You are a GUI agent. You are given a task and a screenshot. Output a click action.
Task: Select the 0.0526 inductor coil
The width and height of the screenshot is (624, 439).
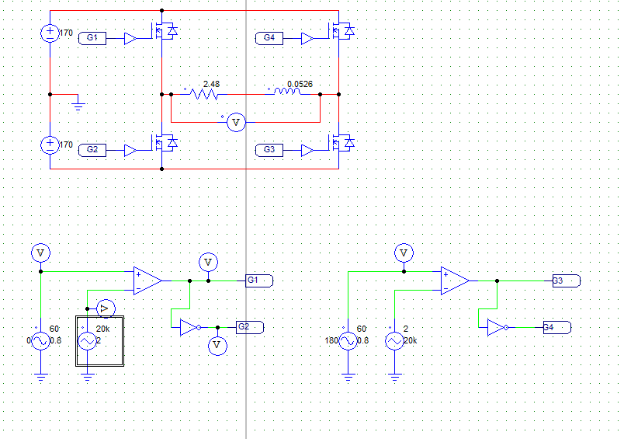286,94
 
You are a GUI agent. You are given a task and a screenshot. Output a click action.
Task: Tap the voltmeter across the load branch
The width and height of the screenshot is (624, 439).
237,123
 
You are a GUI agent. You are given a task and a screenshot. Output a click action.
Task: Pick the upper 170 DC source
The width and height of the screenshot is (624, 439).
50,33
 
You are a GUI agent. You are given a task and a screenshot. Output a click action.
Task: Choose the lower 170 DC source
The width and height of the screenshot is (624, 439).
50,145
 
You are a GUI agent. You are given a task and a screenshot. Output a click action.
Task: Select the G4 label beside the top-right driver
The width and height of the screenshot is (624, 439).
269,38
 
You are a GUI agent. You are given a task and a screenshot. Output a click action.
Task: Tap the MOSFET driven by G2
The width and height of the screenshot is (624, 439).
164,144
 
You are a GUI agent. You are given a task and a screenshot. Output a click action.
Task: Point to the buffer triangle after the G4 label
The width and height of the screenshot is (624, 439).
308,38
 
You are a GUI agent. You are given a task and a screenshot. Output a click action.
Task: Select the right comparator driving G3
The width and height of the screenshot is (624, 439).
455,280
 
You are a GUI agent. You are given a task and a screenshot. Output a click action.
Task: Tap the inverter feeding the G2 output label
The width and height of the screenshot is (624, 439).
189,327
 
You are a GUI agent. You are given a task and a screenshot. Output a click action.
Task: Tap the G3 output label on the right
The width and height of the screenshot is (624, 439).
565,280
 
